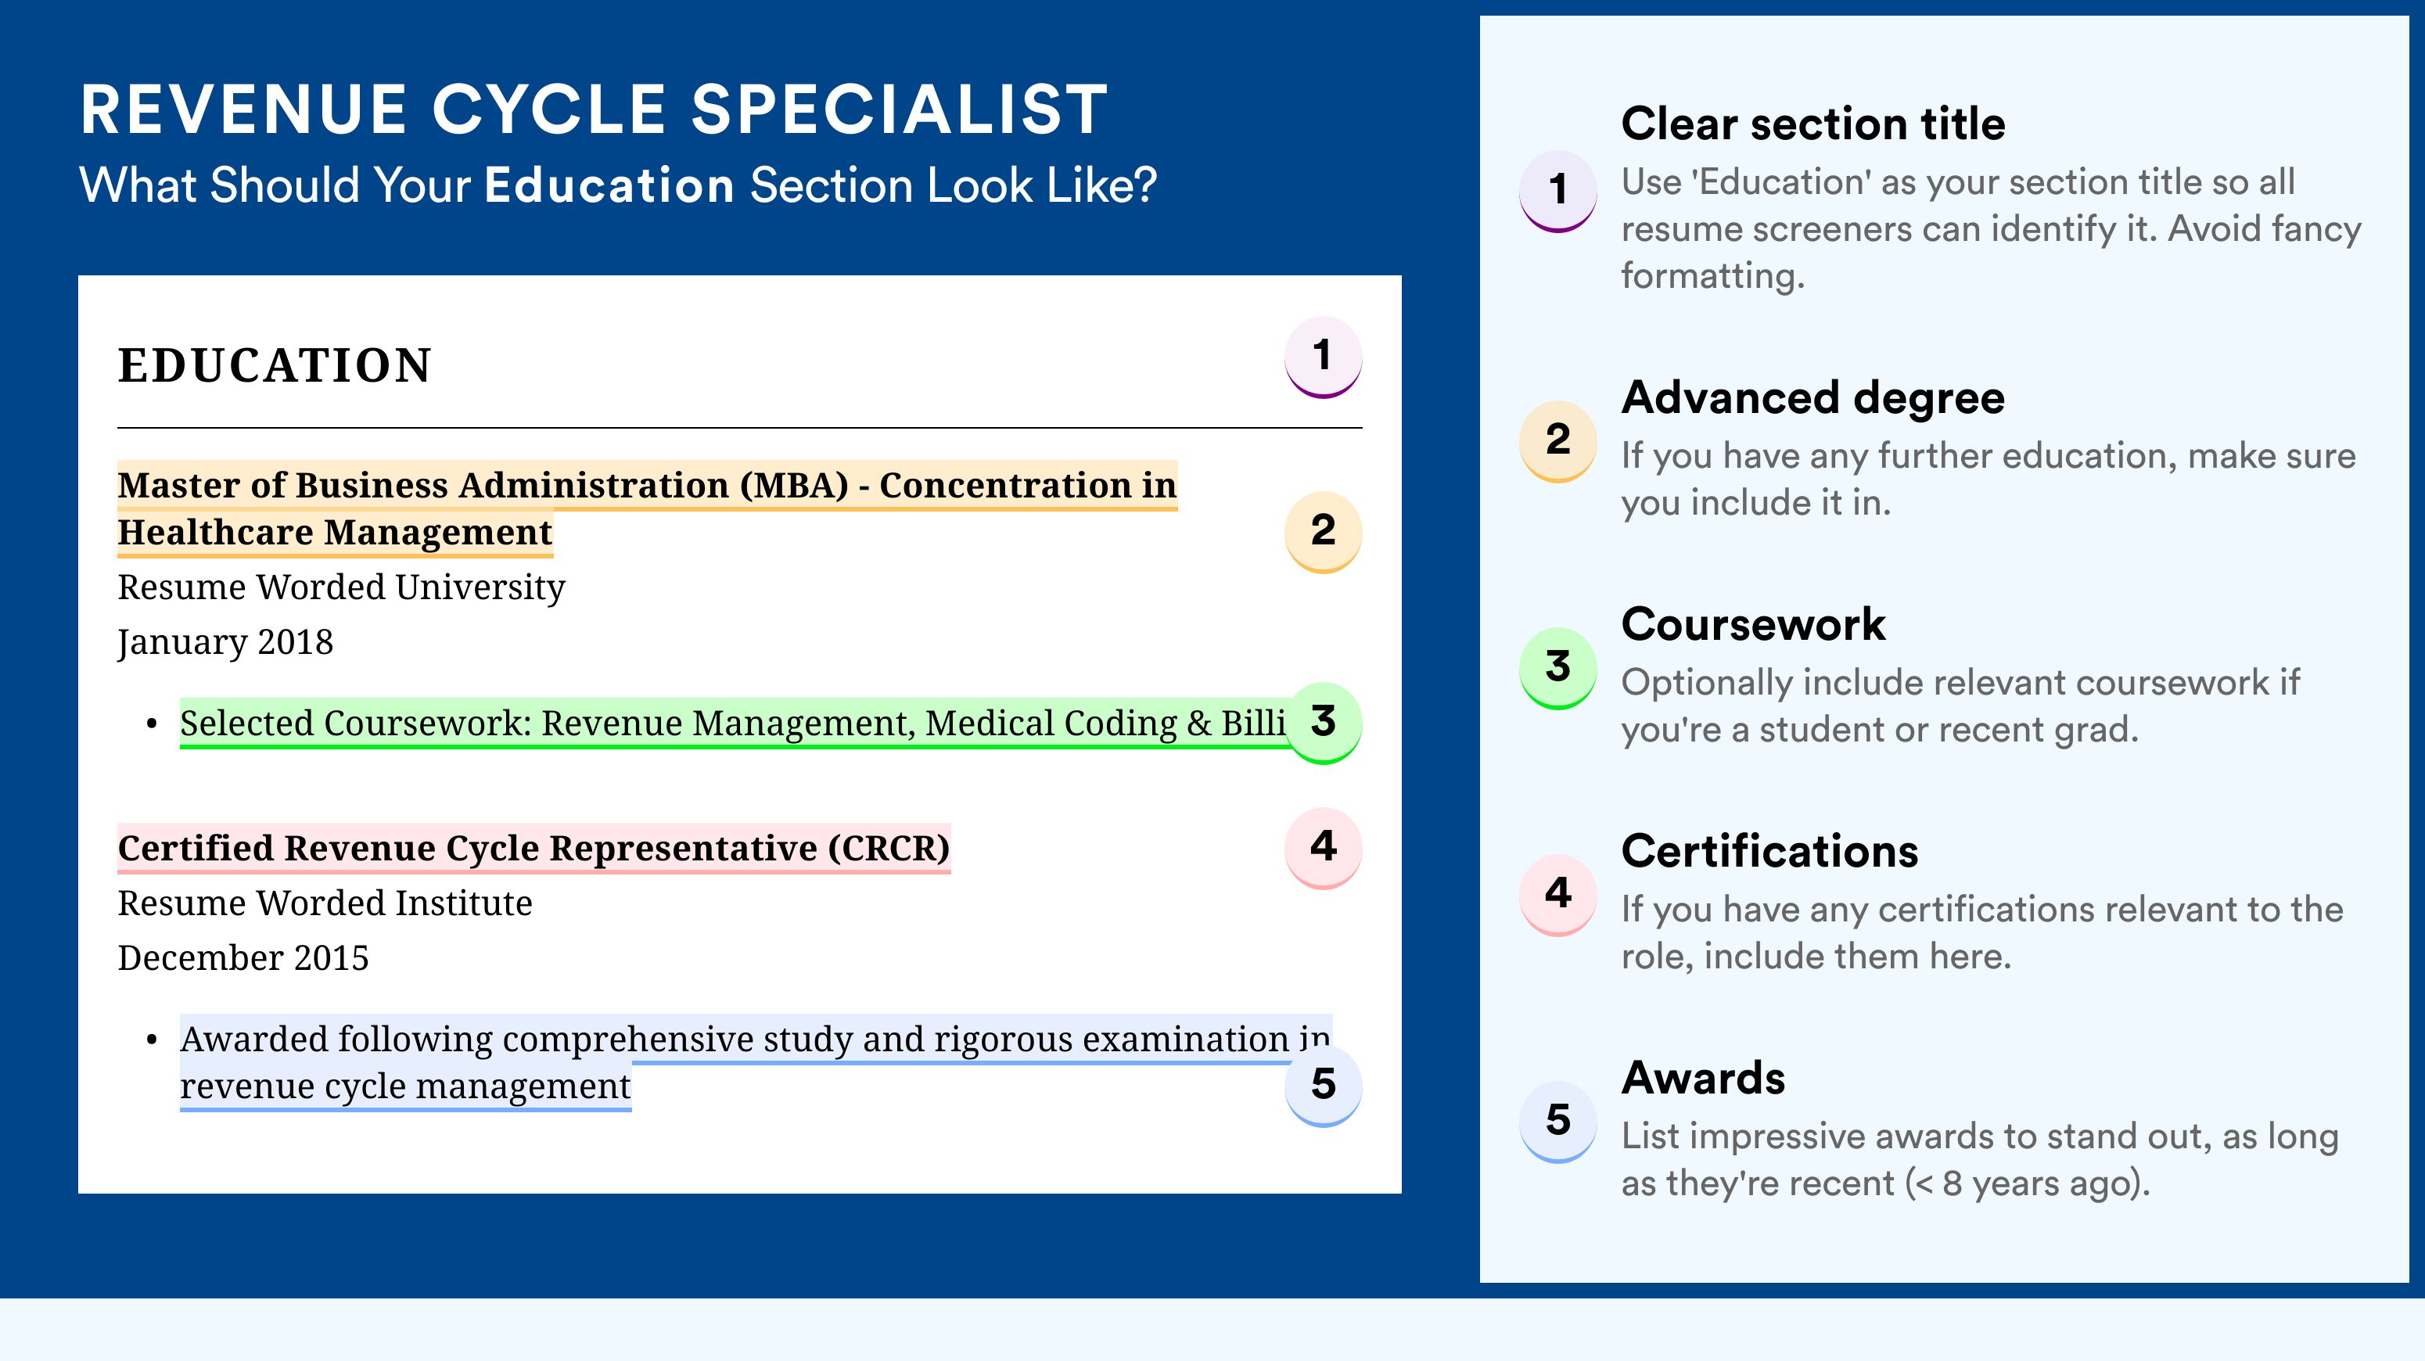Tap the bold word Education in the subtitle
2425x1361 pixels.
pyautogui.click(x=609, y=185)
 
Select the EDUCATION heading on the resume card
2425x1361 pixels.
pyautogui.click(x=274, y=365)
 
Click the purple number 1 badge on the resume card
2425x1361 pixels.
pyautogui.click(x=1323, y=357)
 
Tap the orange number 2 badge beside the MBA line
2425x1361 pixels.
pyautogui.click(x=1323, y=531)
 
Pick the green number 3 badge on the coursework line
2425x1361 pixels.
pyautogui.click(x=1323, y=722)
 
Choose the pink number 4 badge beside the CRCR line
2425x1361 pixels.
pyautogui.click(x=1323, y=847)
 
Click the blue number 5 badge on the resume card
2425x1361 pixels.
pyautogui.click(x=1323, y=1084)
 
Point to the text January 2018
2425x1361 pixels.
pyautogui.click(x=225, y=643)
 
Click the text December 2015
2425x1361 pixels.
pyautogui.click(x=242, y=957)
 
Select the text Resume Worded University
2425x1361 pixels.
pyautogui.click(x=341, y=587)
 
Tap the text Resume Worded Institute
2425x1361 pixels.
pyautogui.click(x=325, y=903)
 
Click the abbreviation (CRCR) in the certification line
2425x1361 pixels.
pyautogui.click(x=889, y=848)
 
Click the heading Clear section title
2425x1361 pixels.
pyautogui.click(x=1813, y=124)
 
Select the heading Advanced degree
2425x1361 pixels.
pyautogui.click(x=1813, y=398)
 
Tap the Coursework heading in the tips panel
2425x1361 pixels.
pyautogui.click(x=1753, y=624)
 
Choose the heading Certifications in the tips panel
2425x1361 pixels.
pyautogui.click(x=1769, y=851)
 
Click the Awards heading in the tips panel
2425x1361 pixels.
pyautogui.click(x=1703, y=1078)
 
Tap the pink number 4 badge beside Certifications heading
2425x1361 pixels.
pyautogui.click(x=1558, y=894)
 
